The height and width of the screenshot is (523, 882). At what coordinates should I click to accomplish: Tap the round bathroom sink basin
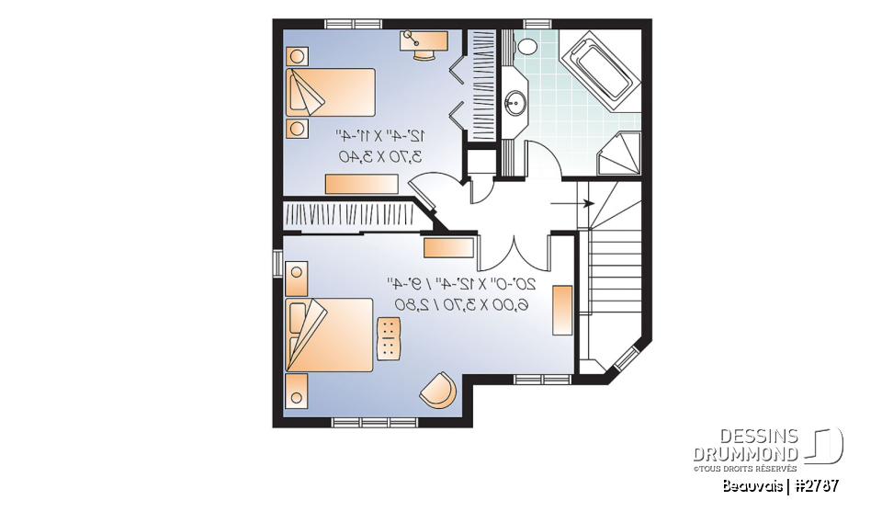click(516, 102)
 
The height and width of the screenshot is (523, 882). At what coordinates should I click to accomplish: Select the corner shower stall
click(620, 153)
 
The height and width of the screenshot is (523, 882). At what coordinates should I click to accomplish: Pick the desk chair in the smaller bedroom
click(424, 52)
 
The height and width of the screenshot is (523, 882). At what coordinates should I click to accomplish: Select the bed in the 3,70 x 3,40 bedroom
click(331, 92)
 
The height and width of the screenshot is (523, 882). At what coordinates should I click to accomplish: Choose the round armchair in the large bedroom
click(438, 392)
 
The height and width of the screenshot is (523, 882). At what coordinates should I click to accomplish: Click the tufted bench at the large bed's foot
click(390, 338)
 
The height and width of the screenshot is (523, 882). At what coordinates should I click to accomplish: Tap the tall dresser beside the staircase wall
click(562, 310)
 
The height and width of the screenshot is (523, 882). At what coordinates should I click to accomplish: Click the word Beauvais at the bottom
click(752, 484)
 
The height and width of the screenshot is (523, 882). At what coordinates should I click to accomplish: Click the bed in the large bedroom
click(328, 335)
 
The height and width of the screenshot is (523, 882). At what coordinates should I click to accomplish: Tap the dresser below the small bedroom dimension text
click(361, 184)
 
